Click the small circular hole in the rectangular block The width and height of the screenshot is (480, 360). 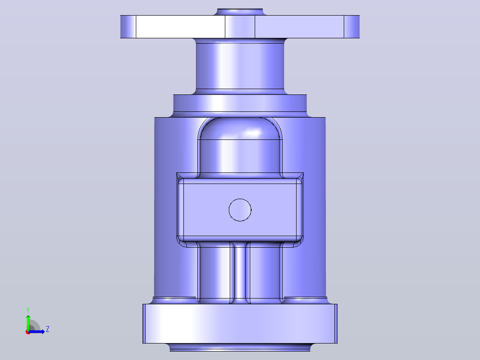coord(240,210)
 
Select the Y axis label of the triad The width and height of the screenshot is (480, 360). coord(28,310)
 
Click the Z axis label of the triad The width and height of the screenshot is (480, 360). coord(48,329)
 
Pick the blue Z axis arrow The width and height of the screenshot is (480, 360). coord(37,331)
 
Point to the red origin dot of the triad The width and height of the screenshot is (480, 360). coord(28,332)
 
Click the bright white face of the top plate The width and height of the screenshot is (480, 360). coord(180,27)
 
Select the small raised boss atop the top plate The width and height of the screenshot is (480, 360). coord(240,12)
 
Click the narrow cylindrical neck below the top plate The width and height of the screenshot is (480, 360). coord(240,66)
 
